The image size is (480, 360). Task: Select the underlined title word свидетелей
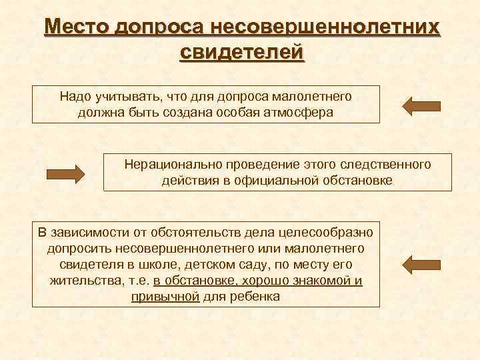(242, 52)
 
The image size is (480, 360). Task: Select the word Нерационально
(175, 164)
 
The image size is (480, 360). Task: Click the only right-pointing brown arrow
(65, 174)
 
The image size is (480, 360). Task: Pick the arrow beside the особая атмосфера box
(422, 105)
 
